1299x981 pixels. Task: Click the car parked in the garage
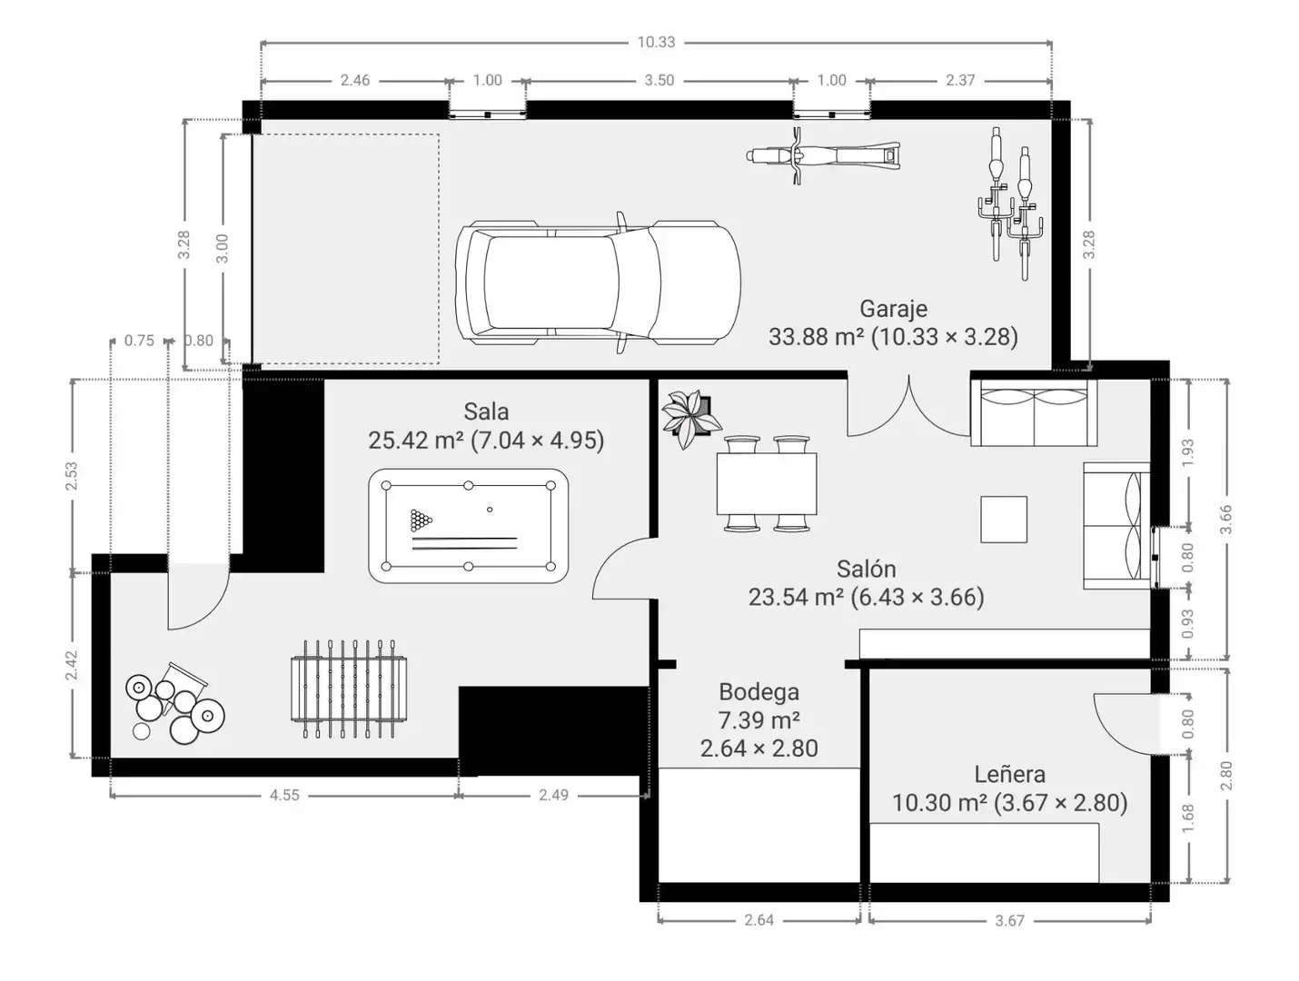pyautogui.click(x=597, y=282)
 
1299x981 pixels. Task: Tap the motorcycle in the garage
pyautogui.click(x=823, y=155)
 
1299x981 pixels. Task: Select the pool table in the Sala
pyautogui.click(x=468, y=525)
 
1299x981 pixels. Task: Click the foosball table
pyautogui.click(x=349, y=689)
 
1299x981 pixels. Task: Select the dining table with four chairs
pyautogui.click(x=767, y=483)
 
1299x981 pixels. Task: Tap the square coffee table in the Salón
pyautogui.click(x=1004, y=519)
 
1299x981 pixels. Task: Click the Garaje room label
pyautogui.click(x=893, y=308)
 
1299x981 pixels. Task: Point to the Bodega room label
pyautogui.click(x=759, y=691)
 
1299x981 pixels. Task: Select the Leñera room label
pyautogui.click(x=1009, y=774)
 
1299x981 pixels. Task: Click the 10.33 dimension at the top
pyautogui.click(x=656, y=43)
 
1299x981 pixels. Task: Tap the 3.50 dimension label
pyautogui.click(x=659, y=81)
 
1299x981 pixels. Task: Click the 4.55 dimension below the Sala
pyautogui.click(x=284, y=795)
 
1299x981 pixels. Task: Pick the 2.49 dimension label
pyautogui.click(x=553, y=795)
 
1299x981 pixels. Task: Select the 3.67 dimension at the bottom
pyautogui.click(x=1009, y=921)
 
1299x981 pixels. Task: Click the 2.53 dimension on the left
pyautogui.click(x=72, y=476)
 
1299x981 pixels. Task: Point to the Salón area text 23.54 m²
pyautogui.click(x=796, y=597)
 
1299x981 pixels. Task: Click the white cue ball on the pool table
pyautogui.click(x=490, y=510)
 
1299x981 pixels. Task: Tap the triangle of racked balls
pyautogui.click(x=421, y=520)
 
